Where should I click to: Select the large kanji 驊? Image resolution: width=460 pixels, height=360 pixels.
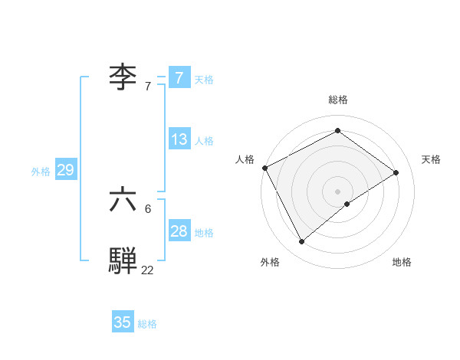pos(123,260)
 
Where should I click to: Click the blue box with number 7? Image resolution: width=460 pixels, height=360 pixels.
pos(179,77)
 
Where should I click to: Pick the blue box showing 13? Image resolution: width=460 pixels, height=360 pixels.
pos(179,139)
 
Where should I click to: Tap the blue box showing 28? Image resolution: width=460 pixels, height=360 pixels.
pos(179,231)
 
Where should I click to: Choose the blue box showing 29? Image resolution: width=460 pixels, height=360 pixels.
pos(65,170)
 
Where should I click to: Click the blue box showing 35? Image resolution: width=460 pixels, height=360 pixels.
pos(123,322)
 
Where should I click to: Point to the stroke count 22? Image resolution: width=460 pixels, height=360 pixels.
pos(147,270)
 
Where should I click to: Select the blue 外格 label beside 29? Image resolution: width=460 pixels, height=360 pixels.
pos(41,172)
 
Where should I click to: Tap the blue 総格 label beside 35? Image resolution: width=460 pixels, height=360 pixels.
pos(147,324)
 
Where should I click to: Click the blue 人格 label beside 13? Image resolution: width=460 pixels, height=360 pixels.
pos(204,141)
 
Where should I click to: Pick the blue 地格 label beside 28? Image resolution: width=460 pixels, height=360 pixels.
pos(204,233)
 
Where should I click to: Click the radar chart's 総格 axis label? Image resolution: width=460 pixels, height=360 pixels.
pos(337,100)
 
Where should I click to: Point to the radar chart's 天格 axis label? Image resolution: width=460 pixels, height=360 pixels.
pos(431,159)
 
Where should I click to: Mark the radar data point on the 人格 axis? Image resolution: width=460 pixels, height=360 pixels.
pos(264,168)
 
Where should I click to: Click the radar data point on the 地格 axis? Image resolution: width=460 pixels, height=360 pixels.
pos(347,204)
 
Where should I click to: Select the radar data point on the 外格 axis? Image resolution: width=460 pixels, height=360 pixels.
pos(302,242)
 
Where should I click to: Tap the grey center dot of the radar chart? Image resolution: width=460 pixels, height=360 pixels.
pos(337,191)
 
